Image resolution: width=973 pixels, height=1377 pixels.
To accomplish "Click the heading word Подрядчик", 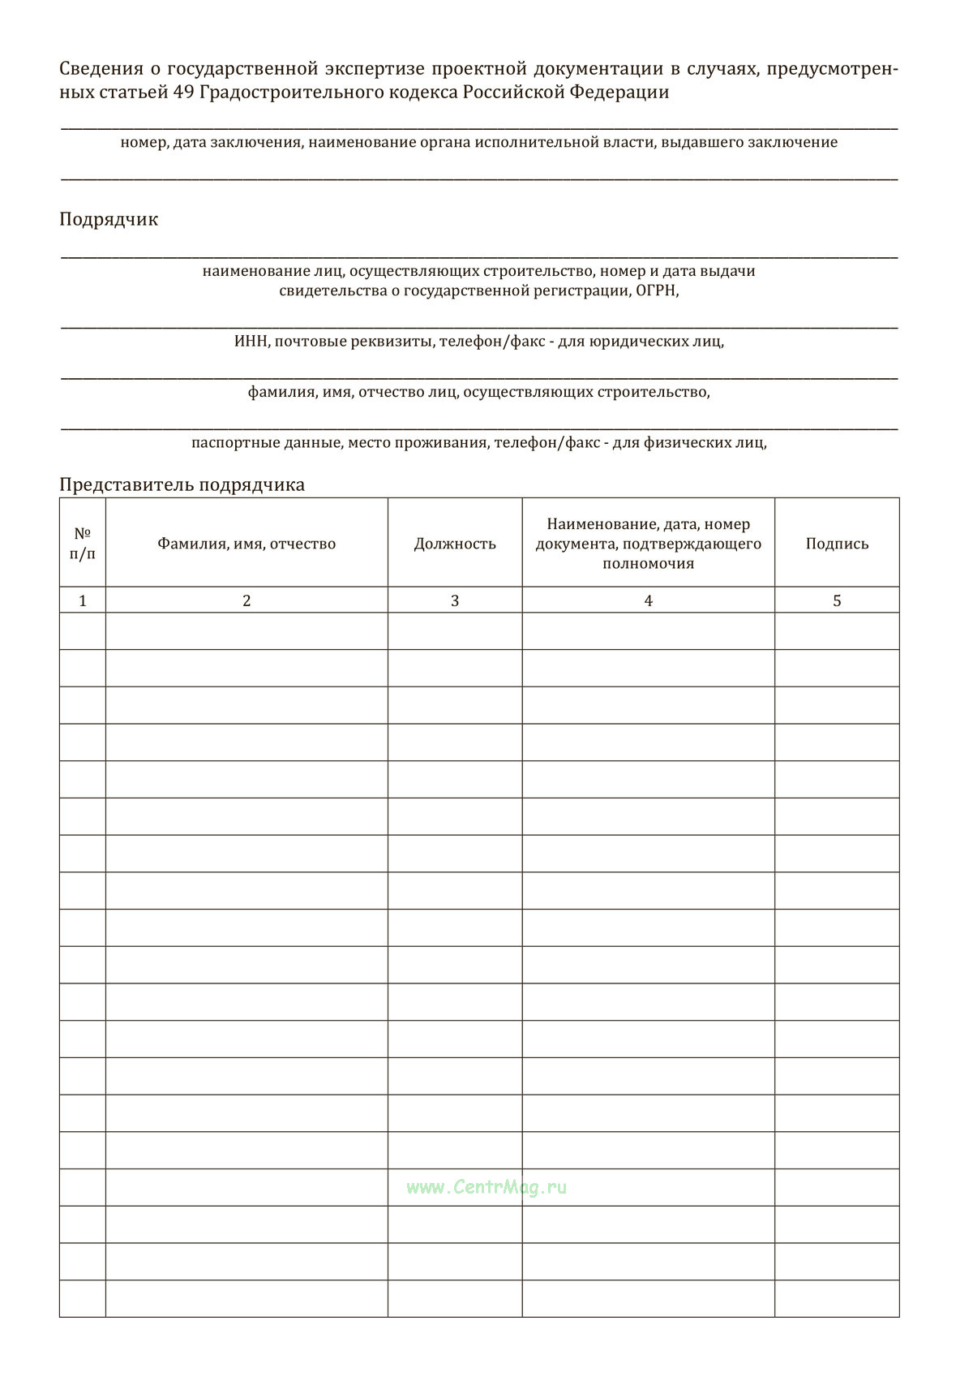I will [x=109, y=219].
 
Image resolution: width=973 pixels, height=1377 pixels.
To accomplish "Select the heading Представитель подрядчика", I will [x=182, y=484].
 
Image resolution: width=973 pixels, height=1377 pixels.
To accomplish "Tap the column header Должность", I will [x=455, y=544].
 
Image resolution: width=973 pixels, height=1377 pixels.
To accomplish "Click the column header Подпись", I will [x=837, y=544].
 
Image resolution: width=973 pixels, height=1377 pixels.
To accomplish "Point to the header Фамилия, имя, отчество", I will [x=246, y=544].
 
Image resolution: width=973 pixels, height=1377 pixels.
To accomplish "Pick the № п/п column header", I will [x=83, y=544].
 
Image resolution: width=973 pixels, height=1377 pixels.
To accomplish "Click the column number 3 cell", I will [x=455, y=600].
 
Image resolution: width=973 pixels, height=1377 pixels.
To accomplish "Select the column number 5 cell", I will [x=837, y=600].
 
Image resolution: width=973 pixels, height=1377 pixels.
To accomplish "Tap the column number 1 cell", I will [x=83, y=600].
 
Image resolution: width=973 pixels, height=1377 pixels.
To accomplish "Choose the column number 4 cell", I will [x=648, y=600].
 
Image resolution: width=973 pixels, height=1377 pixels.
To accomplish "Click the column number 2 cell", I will [x=246, y=600].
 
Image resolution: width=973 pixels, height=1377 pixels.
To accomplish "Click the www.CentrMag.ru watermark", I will [x=486, y=1187].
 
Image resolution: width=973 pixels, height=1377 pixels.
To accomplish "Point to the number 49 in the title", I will [x=182, y=93].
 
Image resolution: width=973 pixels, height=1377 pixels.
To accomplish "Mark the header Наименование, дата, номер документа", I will [x=648, y=544].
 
